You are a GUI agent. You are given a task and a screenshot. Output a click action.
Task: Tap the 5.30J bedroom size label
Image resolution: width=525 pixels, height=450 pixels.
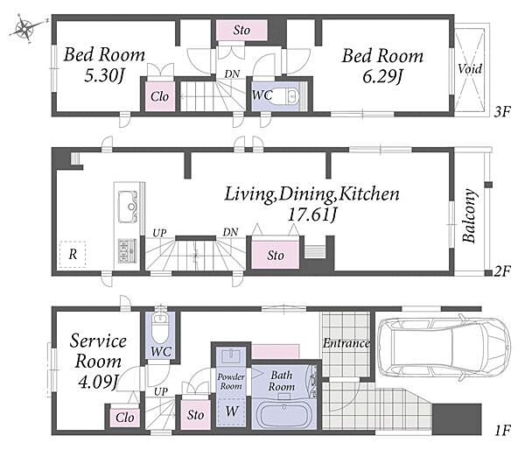coord(104,76)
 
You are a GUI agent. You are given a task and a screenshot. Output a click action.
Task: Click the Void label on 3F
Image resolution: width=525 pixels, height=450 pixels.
coord(470,69)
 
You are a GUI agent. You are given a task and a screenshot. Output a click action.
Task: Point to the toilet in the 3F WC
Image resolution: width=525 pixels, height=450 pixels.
coord(288,96)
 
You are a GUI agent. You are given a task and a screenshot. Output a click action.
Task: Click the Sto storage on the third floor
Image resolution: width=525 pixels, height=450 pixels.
coord(241,31)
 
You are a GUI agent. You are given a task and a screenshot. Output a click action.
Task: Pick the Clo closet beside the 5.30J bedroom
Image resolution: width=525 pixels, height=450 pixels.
coord(159,96)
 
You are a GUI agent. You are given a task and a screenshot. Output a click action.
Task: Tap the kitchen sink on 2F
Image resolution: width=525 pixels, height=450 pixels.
coord(128,206)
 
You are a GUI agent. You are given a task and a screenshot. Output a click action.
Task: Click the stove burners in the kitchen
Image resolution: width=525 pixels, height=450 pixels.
coord(127,250)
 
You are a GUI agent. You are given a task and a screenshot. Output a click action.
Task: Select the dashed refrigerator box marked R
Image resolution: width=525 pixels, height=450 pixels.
coord(73,254)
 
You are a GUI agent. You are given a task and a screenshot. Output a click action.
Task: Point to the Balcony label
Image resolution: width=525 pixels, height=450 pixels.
coord(469,215)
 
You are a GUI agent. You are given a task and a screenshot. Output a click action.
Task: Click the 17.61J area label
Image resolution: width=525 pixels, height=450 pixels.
coord(311,214)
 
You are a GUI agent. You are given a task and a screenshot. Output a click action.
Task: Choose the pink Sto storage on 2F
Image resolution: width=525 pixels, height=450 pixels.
coord(275,255)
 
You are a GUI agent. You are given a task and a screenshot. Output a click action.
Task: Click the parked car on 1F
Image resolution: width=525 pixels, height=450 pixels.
coord(444,348)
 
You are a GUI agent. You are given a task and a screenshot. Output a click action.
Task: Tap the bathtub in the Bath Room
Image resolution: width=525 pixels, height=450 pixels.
coord(284,416)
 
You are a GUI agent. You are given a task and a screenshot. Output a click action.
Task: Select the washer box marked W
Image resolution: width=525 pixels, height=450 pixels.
coord(231,411)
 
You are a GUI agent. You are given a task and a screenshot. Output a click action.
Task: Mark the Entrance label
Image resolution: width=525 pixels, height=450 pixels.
coord(346,343)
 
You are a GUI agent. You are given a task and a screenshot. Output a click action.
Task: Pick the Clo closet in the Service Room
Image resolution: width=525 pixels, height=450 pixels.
coord(125,418)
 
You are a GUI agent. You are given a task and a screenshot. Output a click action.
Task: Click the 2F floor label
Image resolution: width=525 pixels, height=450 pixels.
coord(502,271)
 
